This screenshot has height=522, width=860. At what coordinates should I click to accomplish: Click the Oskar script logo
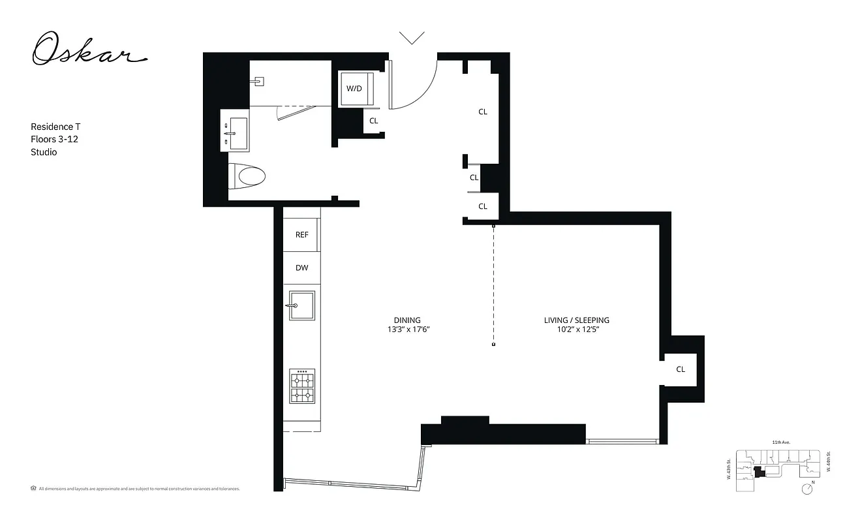[89, 51]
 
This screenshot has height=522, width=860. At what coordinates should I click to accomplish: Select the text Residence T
[55, 127]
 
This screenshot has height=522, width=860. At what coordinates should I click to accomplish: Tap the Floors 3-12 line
[55, 139]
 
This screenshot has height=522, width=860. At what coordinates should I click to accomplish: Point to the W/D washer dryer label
[354, 88]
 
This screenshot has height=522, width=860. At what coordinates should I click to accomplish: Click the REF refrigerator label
[301, 235]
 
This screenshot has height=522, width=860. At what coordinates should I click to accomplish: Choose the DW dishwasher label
[301, 268]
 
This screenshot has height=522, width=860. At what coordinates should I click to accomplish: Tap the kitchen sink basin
[302, 305]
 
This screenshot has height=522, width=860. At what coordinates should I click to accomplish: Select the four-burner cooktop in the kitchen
[302, 386]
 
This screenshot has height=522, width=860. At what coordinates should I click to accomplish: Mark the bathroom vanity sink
[235, 133]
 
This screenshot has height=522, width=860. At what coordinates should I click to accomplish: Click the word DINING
[407, 320]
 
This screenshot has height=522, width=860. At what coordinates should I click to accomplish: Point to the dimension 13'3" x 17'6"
[407, 330]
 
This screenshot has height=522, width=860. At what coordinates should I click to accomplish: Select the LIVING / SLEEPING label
[576, 320]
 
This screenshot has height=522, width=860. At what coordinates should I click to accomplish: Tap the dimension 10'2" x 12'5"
[576, 330]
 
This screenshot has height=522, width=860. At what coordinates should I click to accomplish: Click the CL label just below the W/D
[373, 121]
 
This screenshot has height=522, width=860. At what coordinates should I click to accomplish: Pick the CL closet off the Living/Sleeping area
[681, 369]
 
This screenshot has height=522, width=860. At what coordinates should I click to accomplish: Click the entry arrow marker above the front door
[412, 38]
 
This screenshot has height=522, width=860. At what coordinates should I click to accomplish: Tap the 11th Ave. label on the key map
[780, 443]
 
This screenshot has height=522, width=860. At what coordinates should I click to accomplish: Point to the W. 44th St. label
[827, 464]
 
